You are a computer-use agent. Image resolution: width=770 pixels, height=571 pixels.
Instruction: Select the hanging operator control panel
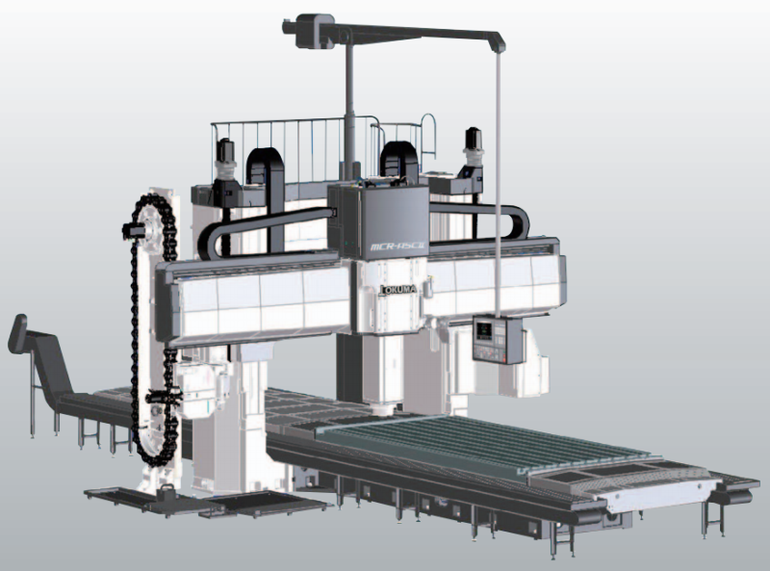pyautogui.click(x=499, y=341)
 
